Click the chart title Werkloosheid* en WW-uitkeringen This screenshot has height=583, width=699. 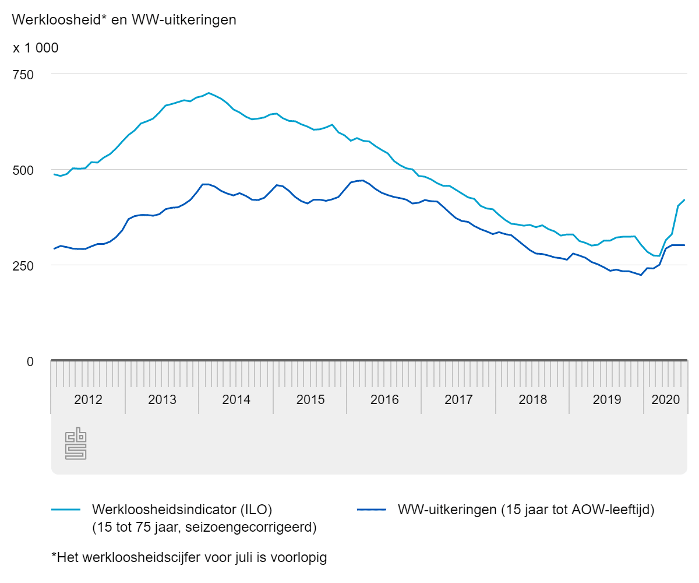pos(124,20)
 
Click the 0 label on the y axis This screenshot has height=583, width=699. pos(30,361)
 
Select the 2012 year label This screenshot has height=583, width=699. pos(88,400)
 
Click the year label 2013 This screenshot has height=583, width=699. pos(162,400)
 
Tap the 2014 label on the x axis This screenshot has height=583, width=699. pos(236,400)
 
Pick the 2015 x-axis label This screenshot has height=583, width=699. pos(310,400)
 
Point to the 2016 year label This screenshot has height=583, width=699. pos(384,400)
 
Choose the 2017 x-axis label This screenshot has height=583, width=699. pos(458,400)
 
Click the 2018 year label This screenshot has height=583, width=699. pos(532,400)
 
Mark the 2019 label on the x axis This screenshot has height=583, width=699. pos(606,400)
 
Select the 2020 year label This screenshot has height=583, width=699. pos(666,400)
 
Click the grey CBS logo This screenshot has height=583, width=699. pos(76,444)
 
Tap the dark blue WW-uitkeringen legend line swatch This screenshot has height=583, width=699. pos(370,510)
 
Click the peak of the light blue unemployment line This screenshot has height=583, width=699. pos(209,93)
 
